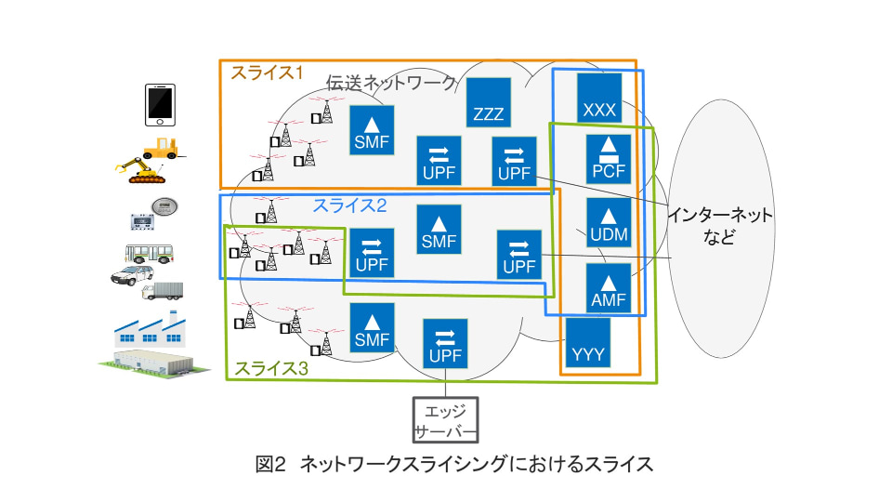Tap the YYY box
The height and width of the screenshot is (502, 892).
pos(587,344)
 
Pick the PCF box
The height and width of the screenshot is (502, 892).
pos(609,160)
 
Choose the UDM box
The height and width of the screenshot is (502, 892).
pos(609,223)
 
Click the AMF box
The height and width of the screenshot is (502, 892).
pos(609,288)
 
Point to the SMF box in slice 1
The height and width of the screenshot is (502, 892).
pos(372,130)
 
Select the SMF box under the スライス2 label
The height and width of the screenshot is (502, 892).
pos(439,230)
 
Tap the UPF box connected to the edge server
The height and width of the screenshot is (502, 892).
pos(445,345)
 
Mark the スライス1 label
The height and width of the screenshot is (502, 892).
pos(268,73)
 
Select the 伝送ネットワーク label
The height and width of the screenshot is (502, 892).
pos(390,83)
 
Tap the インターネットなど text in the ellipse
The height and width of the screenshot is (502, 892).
pos(719,225)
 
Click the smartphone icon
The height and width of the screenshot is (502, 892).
pos(160,104)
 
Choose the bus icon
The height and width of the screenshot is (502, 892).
pos(151,253)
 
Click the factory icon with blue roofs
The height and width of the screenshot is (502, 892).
pos(149,330)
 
